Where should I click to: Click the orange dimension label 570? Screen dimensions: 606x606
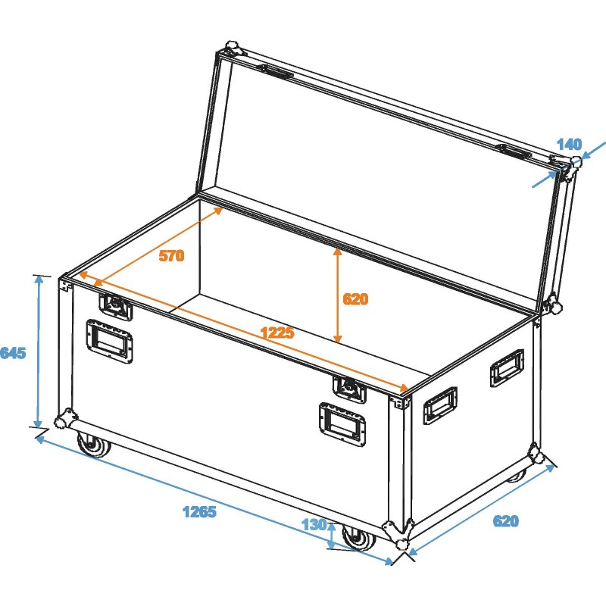pos(171,256)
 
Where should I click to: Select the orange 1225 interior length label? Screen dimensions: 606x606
pos(276,332)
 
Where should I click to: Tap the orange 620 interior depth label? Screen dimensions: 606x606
pos(355,299)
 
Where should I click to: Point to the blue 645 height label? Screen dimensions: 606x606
pos(14,353)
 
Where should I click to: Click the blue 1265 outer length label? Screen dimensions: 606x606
pos(199,512)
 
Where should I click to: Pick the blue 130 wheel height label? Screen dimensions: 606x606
pos(314,524)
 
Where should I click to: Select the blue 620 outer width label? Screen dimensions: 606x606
pos(506,521)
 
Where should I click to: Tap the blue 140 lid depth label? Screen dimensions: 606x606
pos(568,144)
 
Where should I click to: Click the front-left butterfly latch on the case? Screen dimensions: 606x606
pos(116,306)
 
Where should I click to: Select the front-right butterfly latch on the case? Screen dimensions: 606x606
pos(350,387)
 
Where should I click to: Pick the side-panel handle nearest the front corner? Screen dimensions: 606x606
pos(439,405)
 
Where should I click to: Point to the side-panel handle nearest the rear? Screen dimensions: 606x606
pos(506,366)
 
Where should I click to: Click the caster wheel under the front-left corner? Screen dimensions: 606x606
pos(93,445)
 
